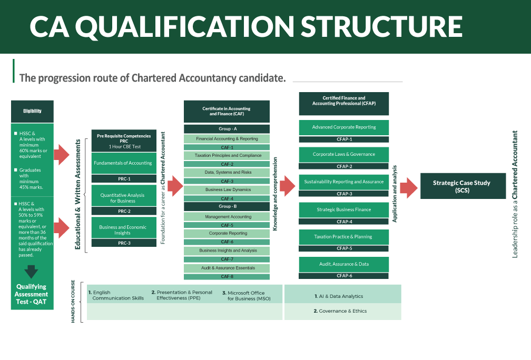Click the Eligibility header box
tap(32, 111)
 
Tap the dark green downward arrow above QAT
tap(32, 272)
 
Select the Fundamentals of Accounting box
tap(123, 163)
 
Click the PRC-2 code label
tap(124, 211)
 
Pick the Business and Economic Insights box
tap(123, 230)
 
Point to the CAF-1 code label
tap(227, 147)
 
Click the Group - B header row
tap(227, 206)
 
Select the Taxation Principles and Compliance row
tap(227, 156)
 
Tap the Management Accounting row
tap(227, 217)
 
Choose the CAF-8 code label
tap(227, 276)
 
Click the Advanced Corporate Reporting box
tap(344, 127)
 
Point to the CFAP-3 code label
tap(344, 194)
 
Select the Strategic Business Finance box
tap(344, 209)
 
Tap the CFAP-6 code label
tap(344, 276)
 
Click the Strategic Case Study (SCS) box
tap(461, 186)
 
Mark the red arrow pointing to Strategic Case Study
tap(409, 187)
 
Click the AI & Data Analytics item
tap(339, 296)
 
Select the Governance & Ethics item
tap(340, 311)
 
